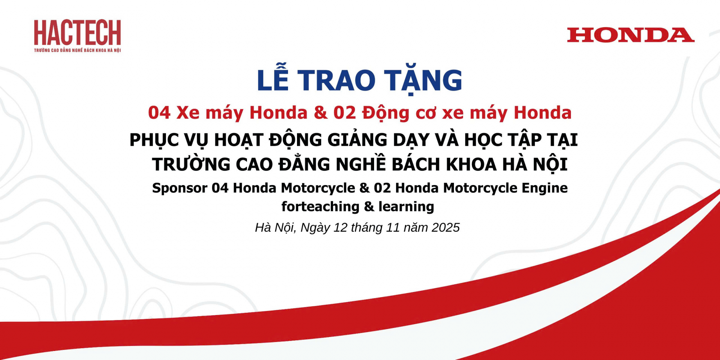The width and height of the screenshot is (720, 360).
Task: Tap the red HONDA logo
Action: click(631, 35)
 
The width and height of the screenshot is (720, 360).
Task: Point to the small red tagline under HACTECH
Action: click(77, 50)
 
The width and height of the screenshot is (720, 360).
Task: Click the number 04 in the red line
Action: click(159, 113)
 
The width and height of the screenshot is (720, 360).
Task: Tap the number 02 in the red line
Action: click(345, 113)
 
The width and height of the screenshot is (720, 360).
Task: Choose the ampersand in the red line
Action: click(320, 113)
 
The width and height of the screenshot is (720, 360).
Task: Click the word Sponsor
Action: click(180, 188)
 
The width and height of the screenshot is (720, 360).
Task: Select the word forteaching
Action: click(320, 207)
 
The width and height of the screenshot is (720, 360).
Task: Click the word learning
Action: click(406, 207)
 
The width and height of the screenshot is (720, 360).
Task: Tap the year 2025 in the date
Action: click(446, 228)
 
